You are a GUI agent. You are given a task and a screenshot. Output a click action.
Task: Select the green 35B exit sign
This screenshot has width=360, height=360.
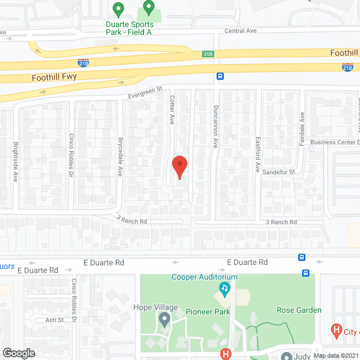tap(208, 54)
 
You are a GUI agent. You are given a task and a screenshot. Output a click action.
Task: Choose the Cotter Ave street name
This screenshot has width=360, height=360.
tap(172, 110)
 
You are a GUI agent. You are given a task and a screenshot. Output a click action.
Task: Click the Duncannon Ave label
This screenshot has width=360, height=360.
tap(215, 127)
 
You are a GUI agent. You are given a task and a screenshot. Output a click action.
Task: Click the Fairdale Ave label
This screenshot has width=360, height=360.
tap(301, 125)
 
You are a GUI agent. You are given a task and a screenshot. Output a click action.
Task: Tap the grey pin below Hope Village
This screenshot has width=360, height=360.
tap(164, 321)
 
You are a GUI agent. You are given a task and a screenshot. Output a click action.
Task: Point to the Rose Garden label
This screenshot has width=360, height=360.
tap(299, 310)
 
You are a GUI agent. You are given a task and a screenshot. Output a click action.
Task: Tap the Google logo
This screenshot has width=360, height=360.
tap(19, 353)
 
